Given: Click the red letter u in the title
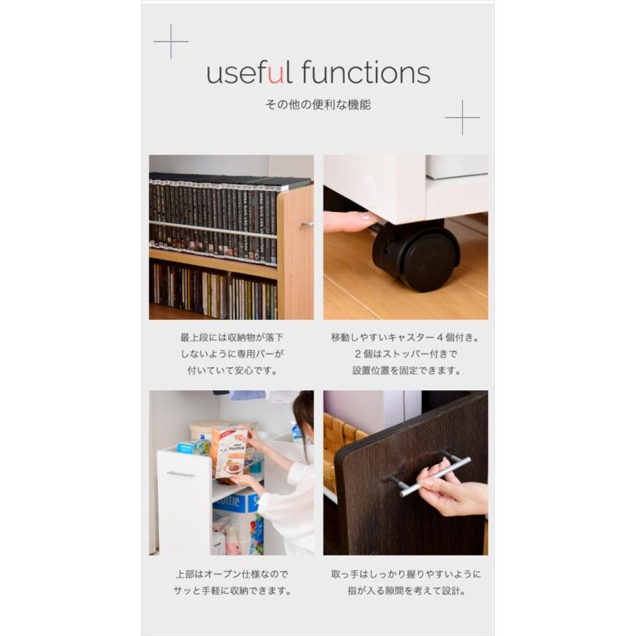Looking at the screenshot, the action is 276,75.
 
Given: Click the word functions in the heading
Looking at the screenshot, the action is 365,72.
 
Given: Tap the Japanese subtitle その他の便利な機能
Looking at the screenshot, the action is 318,105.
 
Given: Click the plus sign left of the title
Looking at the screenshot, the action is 171,42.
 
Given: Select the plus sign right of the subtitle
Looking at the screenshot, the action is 462,117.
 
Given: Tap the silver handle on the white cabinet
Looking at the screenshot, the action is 181,474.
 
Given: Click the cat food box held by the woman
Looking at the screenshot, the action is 229,453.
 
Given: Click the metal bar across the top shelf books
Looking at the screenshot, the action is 213,230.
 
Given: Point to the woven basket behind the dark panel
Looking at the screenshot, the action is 344,438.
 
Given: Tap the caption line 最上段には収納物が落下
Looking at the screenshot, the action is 232,338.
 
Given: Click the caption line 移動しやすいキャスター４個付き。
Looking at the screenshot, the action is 406,338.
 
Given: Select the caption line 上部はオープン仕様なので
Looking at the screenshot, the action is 232,575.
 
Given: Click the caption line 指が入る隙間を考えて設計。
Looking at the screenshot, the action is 406,591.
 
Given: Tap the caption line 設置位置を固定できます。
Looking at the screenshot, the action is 406,370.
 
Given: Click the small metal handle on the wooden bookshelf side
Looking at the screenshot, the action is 308,223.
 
